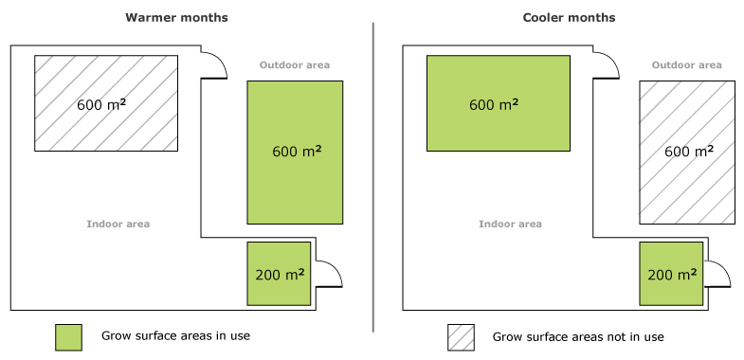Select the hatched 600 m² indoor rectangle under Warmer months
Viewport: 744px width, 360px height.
click(106, 103)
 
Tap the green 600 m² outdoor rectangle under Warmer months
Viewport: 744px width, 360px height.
click(295, 153)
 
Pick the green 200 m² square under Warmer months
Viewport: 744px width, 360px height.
click(280, 274)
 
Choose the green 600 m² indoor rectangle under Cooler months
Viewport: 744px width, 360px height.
click(498, 103)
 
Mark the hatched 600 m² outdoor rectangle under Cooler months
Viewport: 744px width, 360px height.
click(687, 153)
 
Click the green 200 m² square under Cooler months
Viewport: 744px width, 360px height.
click(671, 274)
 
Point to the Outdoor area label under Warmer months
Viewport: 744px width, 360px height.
click(295, 65)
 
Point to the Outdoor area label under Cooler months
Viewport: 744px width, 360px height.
click(687, 65)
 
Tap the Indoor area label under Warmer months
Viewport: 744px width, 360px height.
click(118, 225)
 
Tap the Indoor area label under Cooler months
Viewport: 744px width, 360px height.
click(510, 225)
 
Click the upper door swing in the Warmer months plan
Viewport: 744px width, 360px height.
click(214, 64)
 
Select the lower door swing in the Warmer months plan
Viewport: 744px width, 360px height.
click(328, 273)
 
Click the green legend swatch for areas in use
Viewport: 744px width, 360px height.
click(68, 337)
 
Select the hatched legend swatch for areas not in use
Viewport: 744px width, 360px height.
click(461, 337)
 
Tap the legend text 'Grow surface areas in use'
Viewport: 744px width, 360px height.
click(175, 336)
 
